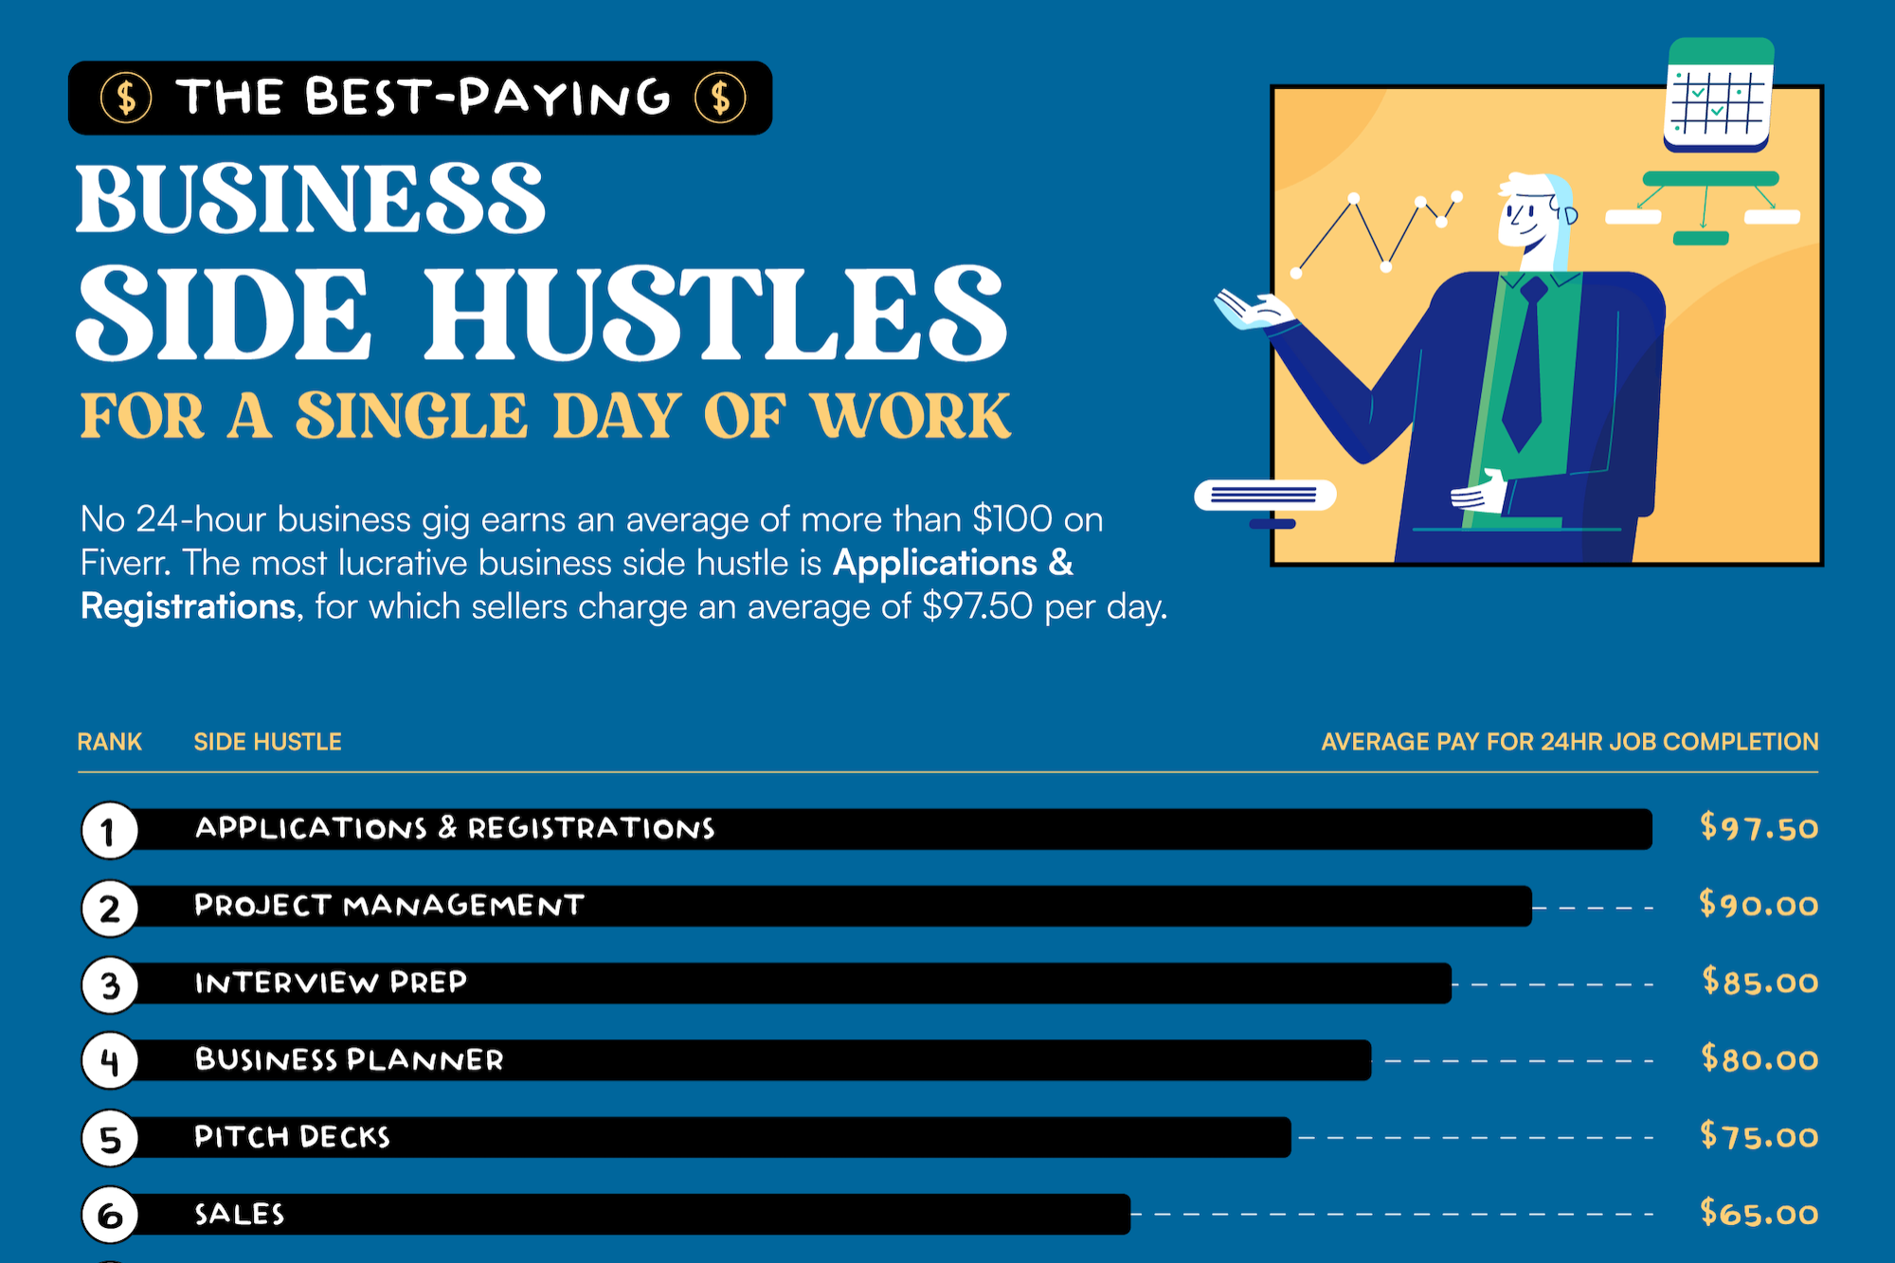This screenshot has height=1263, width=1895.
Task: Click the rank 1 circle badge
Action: click(x=109, y=831)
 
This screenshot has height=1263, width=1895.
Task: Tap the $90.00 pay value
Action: click(x=1759, y=905)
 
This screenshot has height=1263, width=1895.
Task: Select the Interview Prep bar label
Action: click(x=331, y=983)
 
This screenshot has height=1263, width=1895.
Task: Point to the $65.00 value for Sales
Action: click(x=1759, y=1214)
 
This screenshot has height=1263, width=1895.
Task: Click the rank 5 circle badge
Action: click(x=110, y=1138)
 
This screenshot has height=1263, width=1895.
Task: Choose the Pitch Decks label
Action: click(x=292, y=1137)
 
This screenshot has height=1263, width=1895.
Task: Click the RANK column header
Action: click(x=109, y=742)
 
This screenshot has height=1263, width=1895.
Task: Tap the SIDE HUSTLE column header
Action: click(x=267, y=742)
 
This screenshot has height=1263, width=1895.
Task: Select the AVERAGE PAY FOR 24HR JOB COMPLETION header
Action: click(x=1569, y=742)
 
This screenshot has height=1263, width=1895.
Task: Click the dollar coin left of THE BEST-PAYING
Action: click(x=126, y=98)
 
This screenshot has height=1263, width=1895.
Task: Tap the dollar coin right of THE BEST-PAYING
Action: click(x=720, y=98)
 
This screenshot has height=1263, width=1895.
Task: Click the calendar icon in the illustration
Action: click(x=1718, y=95)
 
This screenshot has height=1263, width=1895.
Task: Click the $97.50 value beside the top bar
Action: click(x=1759, y=828)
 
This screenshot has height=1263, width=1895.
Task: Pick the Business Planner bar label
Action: click(x=349, y=1059)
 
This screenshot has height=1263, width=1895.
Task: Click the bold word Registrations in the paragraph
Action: click(x=188, y=606)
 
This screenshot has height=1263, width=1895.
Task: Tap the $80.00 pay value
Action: click(x=1759, y=1059)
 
